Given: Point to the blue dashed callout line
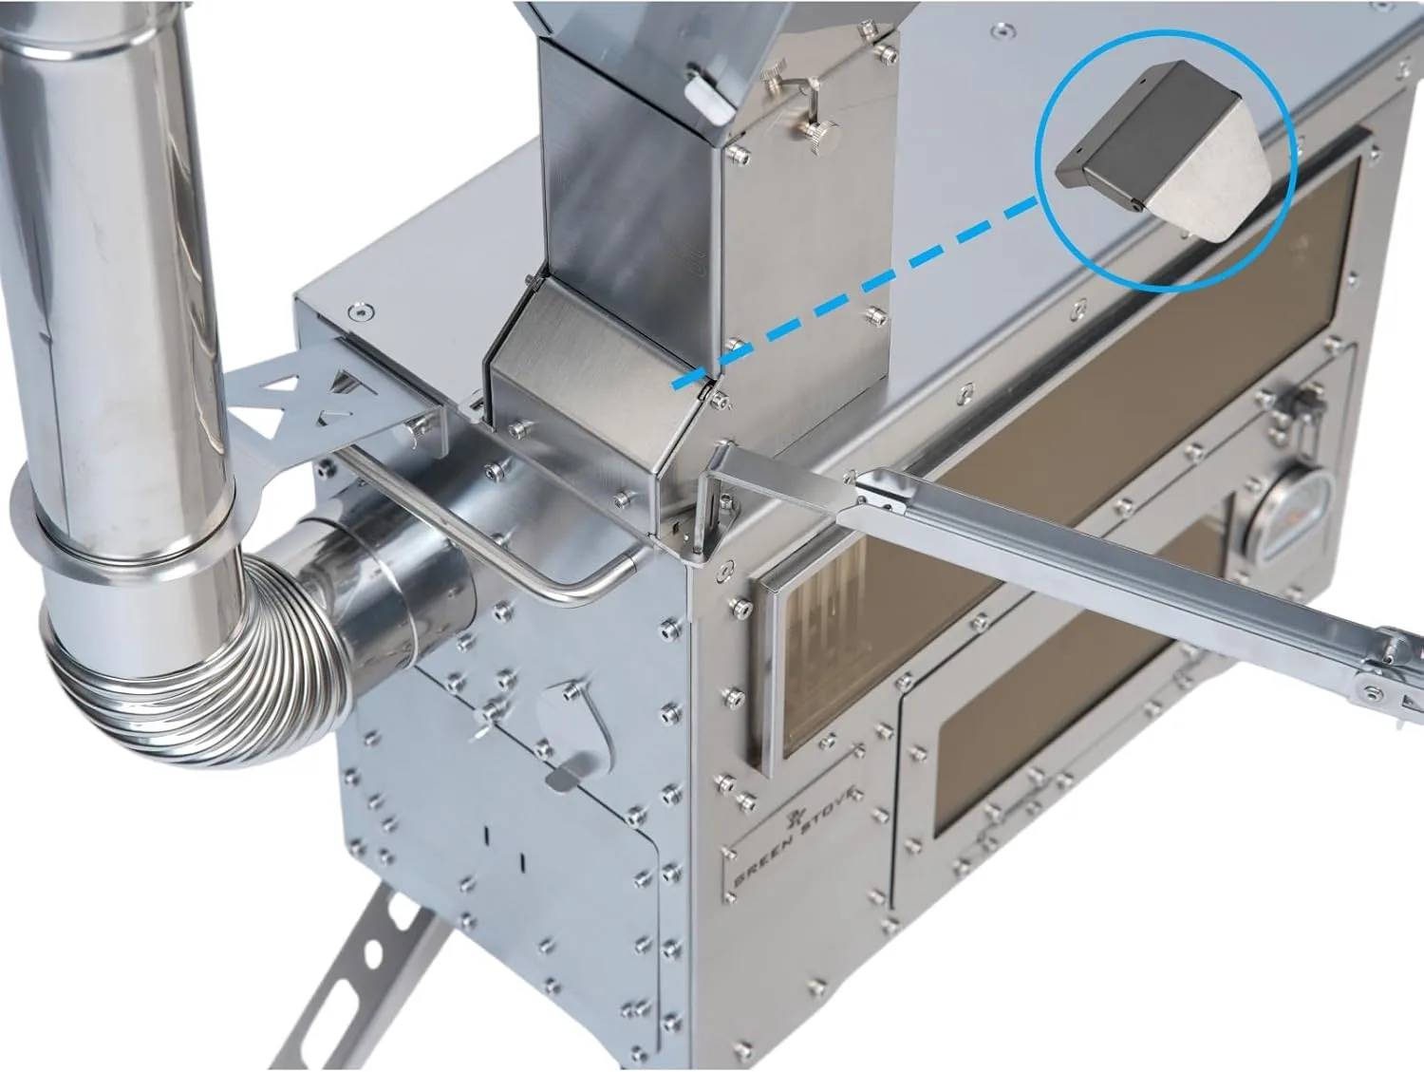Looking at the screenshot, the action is [856, 291].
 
